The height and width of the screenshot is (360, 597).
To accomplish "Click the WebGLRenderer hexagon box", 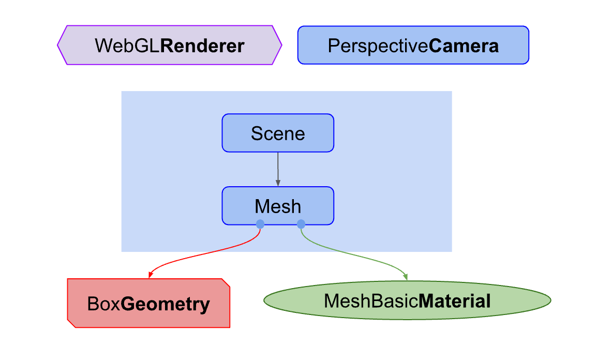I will (169, 46).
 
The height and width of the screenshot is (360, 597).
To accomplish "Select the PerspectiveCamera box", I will (413, 46).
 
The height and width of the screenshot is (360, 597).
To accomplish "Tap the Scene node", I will (278, 133).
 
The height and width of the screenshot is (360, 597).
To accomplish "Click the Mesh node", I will (278, 206).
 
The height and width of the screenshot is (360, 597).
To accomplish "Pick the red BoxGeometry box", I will (148, 304).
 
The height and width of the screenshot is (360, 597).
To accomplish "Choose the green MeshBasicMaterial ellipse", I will (407, 301).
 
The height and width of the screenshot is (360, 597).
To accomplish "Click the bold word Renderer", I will (202, 46).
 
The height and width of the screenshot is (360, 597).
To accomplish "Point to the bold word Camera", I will (464, 46).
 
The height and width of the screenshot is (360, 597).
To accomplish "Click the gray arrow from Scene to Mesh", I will (278, 167).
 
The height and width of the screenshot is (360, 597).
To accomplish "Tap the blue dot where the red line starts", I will (260, 224).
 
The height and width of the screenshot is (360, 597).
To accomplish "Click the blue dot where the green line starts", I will (301, 224).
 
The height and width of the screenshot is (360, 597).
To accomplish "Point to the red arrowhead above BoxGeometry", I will (150, 275).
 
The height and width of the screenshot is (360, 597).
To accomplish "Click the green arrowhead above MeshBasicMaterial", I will (406, 277).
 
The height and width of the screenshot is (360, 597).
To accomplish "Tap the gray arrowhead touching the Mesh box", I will (278, 183).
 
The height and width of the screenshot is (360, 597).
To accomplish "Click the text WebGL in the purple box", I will (127, 46).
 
